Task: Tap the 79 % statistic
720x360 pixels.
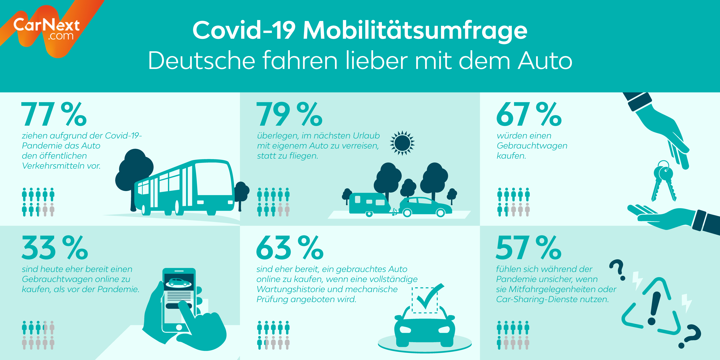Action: [x=289, y=114]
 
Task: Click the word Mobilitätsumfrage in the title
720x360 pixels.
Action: [x=415, y=30]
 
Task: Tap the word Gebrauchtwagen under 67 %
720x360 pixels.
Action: [x=532, y=146]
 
